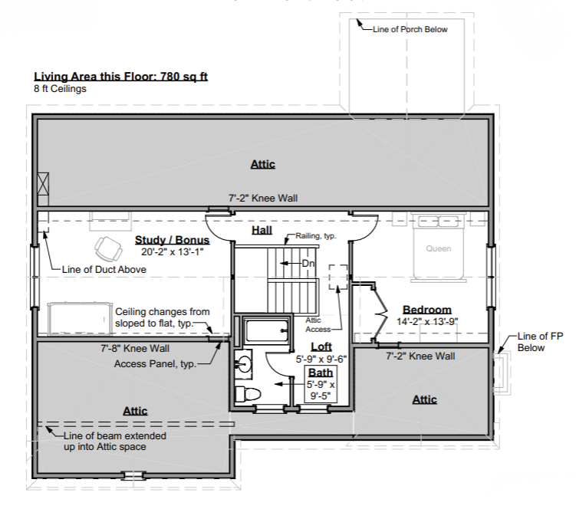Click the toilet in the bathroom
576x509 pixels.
pos(247,394)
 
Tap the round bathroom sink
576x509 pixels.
pos(243,364)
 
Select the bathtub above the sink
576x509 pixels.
pos(267,331)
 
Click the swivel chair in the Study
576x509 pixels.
pos(108,248)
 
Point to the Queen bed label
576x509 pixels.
pos(439,248)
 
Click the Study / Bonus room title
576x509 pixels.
pos(172,240)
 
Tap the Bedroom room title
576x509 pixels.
pos(427,310)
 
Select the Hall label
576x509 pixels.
pos(262,230)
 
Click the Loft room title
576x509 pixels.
pos(321,346)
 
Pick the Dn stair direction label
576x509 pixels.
pos(308,263)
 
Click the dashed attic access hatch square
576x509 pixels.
pos(338,277)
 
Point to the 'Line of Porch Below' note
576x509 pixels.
pos(410,29)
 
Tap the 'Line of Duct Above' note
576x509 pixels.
pos(104,270)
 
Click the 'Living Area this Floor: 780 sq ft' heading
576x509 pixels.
pos(121,77)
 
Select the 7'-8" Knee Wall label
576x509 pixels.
pos(135,348)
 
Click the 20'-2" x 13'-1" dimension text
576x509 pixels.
pos(173,252)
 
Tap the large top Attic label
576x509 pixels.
pos(262,164)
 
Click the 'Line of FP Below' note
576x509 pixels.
pos(540,342)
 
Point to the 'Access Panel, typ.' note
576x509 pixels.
pos(155,364)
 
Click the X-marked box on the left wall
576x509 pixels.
pos(43,184)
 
